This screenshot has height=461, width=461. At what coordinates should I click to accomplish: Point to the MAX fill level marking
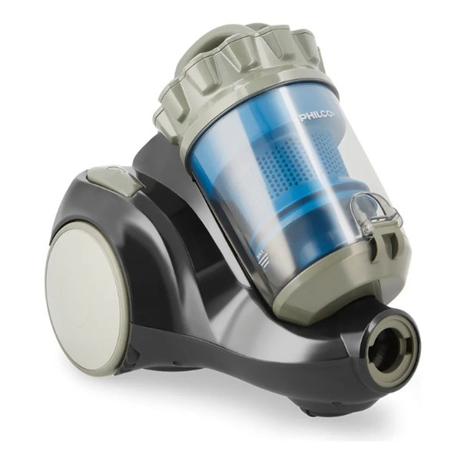[x=260, y=254]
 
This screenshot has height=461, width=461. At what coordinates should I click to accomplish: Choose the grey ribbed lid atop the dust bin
[x=241, y=74]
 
